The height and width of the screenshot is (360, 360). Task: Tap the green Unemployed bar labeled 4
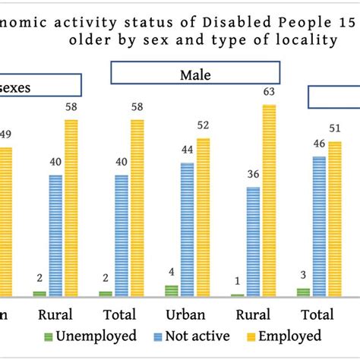[x=172, y=290]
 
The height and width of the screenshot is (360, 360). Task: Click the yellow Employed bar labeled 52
[x=202, y=217]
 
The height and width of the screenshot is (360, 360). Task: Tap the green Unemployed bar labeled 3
[x=303, y=292]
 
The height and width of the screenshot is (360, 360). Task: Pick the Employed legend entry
[x=283, y=336]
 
